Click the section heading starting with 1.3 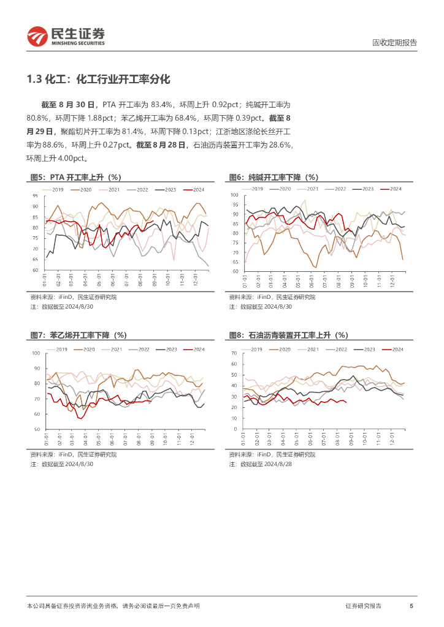click(x=98, y=79)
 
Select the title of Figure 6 click(x=274, y=177)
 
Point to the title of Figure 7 click(x=78, y=335)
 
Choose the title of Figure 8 click(x=288, y=335)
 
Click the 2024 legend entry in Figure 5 click(x=194, y=190)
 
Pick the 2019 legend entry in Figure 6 click(x=253, y=189)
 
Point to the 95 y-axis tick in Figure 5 click(x=36, y=196)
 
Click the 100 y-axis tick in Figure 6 click(x=234, y=195)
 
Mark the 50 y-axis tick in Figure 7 click(x=36, y=429)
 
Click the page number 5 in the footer click(x=411, y=606)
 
